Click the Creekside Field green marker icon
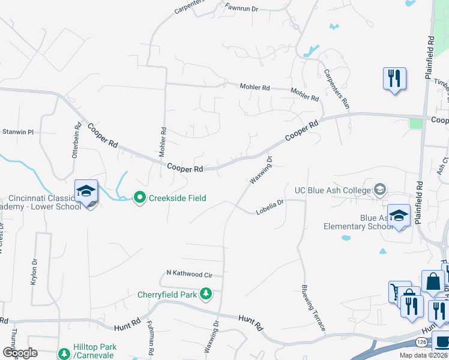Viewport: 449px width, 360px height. (140, 197)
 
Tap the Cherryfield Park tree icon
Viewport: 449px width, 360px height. (206, 293)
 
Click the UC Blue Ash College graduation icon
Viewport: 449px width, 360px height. (379, 190)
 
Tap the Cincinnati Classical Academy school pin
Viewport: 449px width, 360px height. (86, 192)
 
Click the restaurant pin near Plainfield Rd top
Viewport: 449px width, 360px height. (394, 79)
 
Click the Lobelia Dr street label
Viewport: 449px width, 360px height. (270, 207)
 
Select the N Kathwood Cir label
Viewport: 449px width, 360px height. (189, 274)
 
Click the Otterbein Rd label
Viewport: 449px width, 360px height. (77, 140)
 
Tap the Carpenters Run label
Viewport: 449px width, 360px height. (336, 89)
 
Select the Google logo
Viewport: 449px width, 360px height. (20, 353)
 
